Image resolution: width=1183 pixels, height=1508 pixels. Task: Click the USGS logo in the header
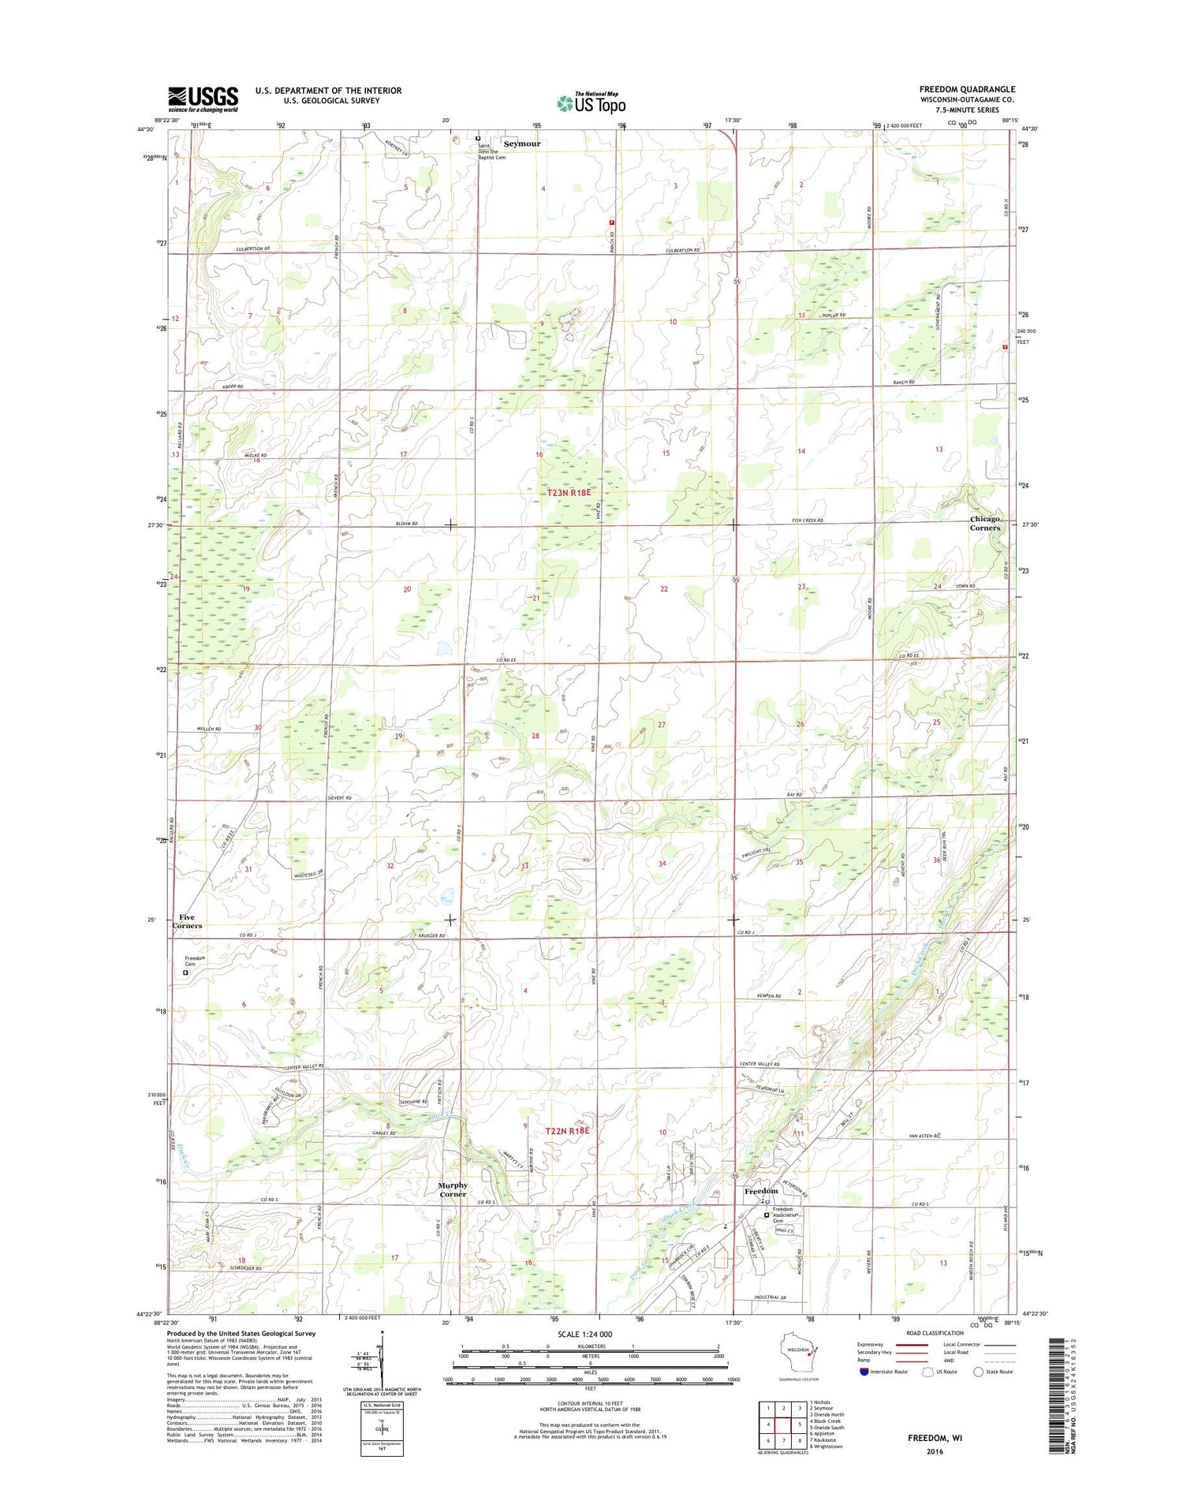203,99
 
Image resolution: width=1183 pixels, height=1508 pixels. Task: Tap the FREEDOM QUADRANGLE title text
967,89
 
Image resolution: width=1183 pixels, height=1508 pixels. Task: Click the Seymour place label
522,144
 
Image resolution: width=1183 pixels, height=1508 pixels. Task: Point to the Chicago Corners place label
985,523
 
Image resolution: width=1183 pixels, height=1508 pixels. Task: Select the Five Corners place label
187,921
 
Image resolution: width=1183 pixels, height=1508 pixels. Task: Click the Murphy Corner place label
453,1189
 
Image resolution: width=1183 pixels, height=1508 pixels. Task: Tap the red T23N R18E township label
569,492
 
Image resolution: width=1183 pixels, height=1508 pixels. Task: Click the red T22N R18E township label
568,1130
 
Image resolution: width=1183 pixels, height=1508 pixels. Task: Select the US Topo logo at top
591,103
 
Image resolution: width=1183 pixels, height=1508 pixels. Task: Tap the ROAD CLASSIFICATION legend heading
934,1333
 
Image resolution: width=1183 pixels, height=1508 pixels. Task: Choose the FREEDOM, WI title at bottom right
935,1437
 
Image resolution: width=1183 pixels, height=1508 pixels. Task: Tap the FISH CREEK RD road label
807,521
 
